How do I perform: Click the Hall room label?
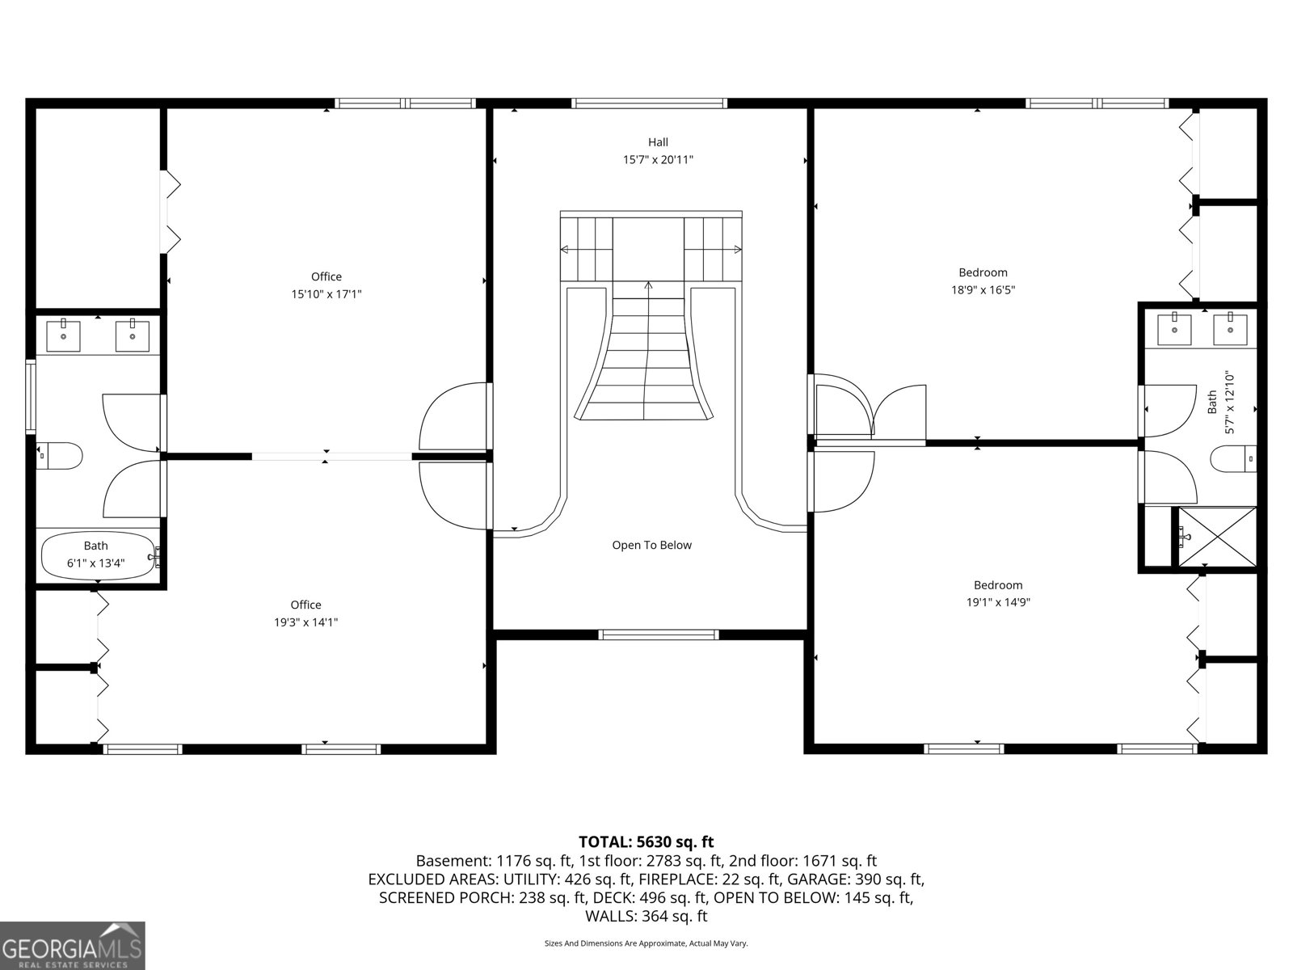coord(657,142)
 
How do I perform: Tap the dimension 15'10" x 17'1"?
coord(326,294)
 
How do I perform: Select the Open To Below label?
coord(651,545)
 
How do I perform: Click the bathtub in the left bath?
coord(97,555)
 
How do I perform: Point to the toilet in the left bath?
coord(61,456)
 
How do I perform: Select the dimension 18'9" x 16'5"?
coord(983,290)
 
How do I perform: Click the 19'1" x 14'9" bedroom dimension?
coord(998,602)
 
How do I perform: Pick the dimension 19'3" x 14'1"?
coord(305,622)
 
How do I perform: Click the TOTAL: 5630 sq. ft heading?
coord(646,842)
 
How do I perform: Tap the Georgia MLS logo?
coord(72,946)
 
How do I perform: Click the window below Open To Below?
coord(658,635)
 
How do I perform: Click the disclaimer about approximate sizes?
coord(646,943)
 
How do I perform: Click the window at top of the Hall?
coord(649,103)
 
